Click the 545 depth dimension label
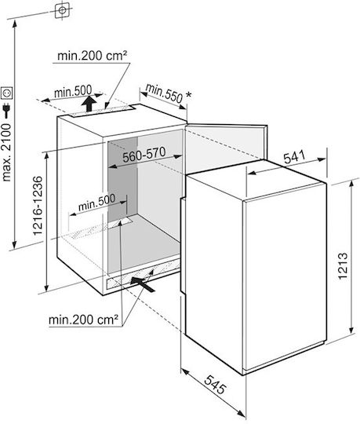(215, 385)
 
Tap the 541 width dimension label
(295, 157)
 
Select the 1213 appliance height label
(342, 266)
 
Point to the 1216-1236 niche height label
(38, 206)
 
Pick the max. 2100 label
(6, 153)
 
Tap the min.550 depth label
(165, 93)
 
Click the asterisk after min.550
(188, 95)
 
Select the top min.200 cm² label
(93, 56)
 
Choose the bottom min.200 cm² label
(83, 320)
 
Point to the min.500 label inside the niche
(96, 203)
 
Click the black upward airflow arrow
(89, 104)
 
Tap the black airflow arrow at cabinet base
(143, 283)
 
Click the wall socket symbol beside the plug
(6, 93)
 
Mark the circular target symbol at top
(63, 10)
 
